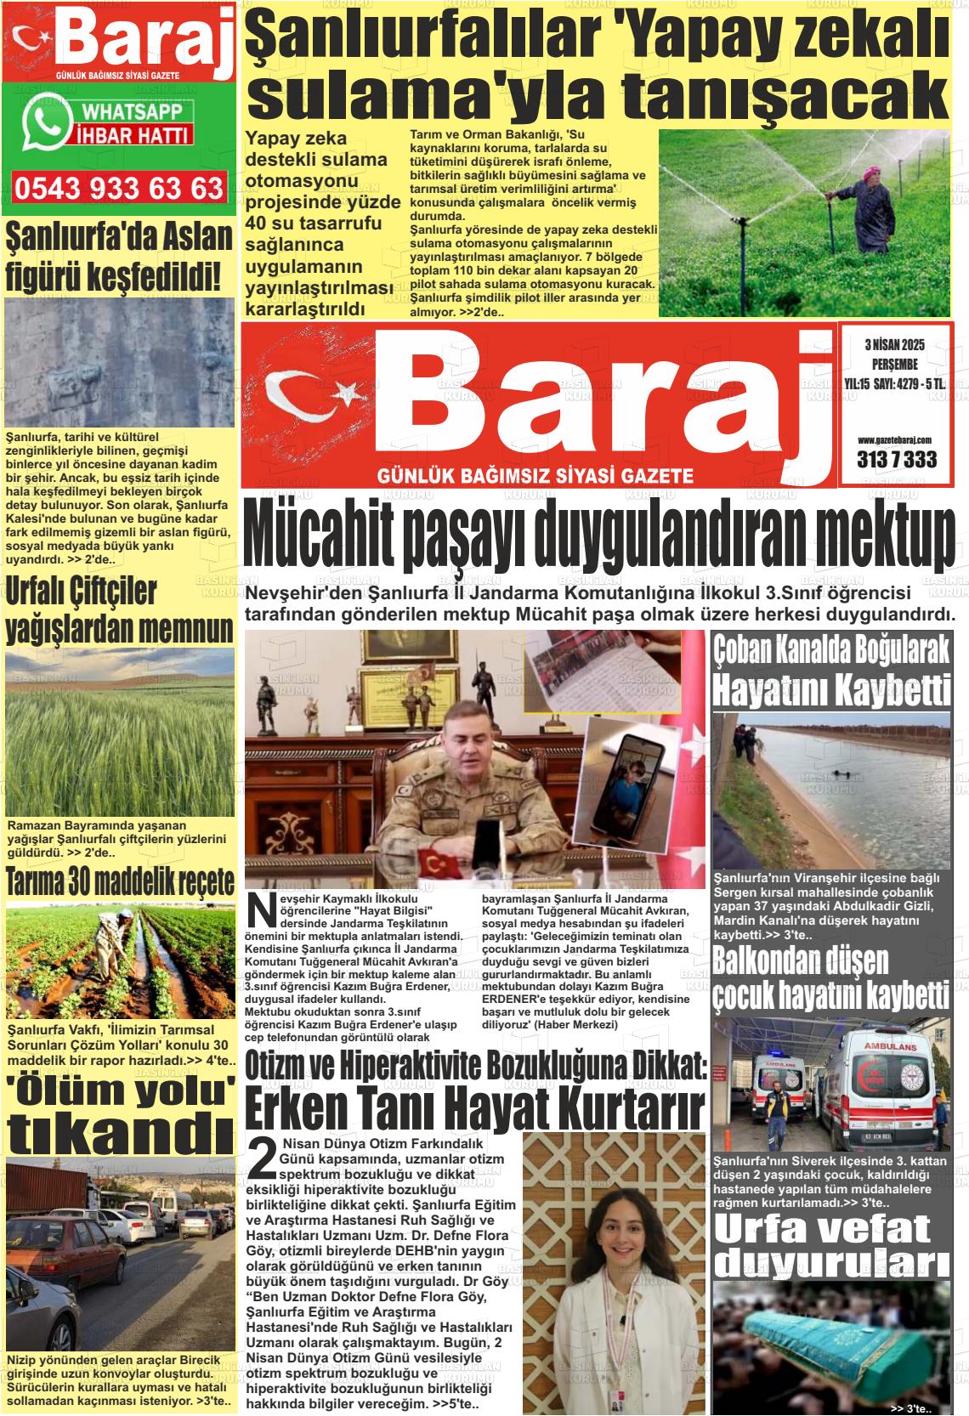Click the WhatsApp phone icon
[47, 121]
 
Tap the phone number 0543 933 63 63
[119, 188]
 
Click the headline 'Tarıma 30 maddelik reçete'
[120, 882]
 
